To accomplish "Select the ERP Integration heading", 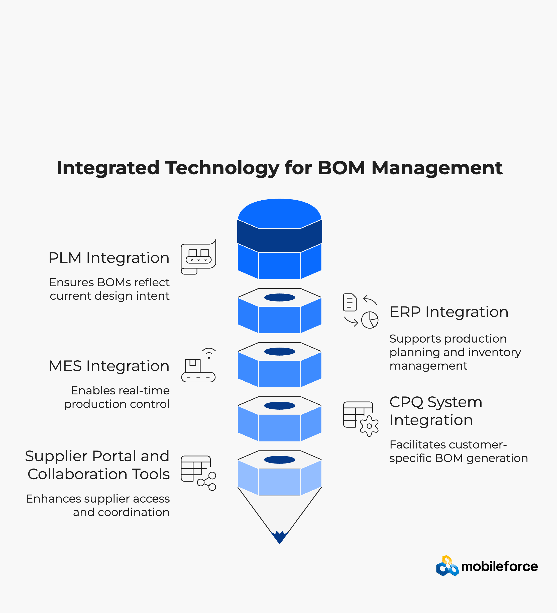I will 449,312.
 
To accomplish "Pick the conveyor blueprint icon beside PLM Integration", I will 198,257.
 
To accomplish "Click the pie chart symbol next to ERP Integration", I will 370,320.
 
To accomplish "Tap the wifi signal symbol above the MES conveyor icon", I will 209,353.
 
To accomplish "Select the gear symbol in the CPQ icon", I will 369,426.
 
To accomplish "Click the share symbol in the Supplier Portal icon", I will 207,481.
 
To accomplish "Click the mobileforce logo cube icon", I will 447,566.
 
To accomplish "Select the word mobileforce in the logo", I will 499,566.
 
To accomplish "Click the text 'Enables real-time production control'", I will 117,397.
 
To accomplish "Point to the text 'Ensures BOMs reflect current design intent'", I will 109,289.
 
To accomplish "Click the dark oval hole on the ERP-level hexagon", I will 280,297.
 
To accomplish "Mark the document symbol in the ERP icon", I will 350,302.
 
